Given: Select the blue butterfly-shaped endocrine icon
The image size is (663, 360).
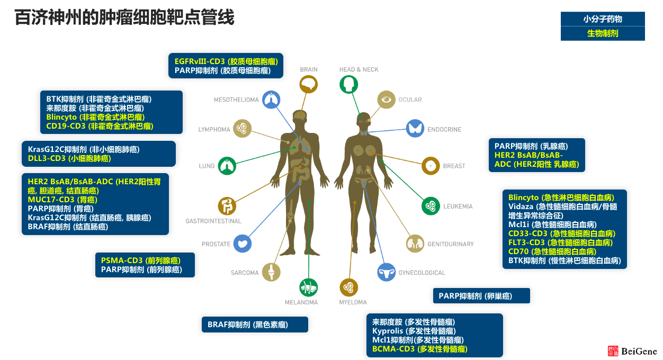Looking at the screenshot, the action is click(415, 129).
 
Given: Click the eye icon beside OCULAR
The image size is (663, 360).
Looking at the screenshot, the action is click(386, 100).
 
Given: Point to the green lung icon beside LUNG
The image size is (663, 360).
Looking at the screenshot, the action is click(227, 166).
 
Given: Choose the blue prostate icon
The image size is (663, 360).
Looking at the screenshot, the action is click(243, 244).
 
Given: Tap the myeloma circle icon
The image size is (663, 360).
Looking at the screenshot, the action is click(348, 287).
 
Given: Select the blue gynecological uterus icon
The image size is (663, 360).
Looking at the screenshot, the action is click(386, 272).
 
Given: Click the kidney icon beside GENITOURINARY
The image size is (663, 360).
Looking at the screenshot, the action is click(415, 244).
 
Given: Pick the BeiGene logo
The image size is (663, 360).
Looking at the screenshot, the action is click(632, 351).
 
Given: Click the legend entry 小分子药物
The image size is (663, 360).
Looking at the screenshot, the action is click(603, 19).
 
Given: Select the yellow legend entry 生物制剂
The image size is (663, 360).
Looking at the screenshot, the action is click(603, 33).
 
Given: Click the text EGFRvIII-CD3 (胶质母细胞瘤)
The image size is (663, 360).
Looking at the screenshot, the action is click(226, 61).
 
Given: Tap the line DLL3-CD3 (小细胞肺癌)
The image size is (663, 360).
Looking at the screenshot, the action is click(69, 158).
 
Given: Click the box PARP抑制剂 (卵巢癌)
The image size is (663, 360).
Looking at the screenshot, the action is click(481, 296).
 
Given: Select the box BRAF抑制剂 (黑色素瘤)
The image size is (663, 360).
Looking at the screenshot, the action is click(254, 325).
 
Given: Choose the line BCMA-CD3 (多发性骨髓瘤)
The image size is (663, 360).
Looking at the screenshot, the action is click(419, 349).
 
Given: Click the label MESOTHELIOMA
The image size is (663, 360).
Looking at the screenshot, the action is click(236, 100).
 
